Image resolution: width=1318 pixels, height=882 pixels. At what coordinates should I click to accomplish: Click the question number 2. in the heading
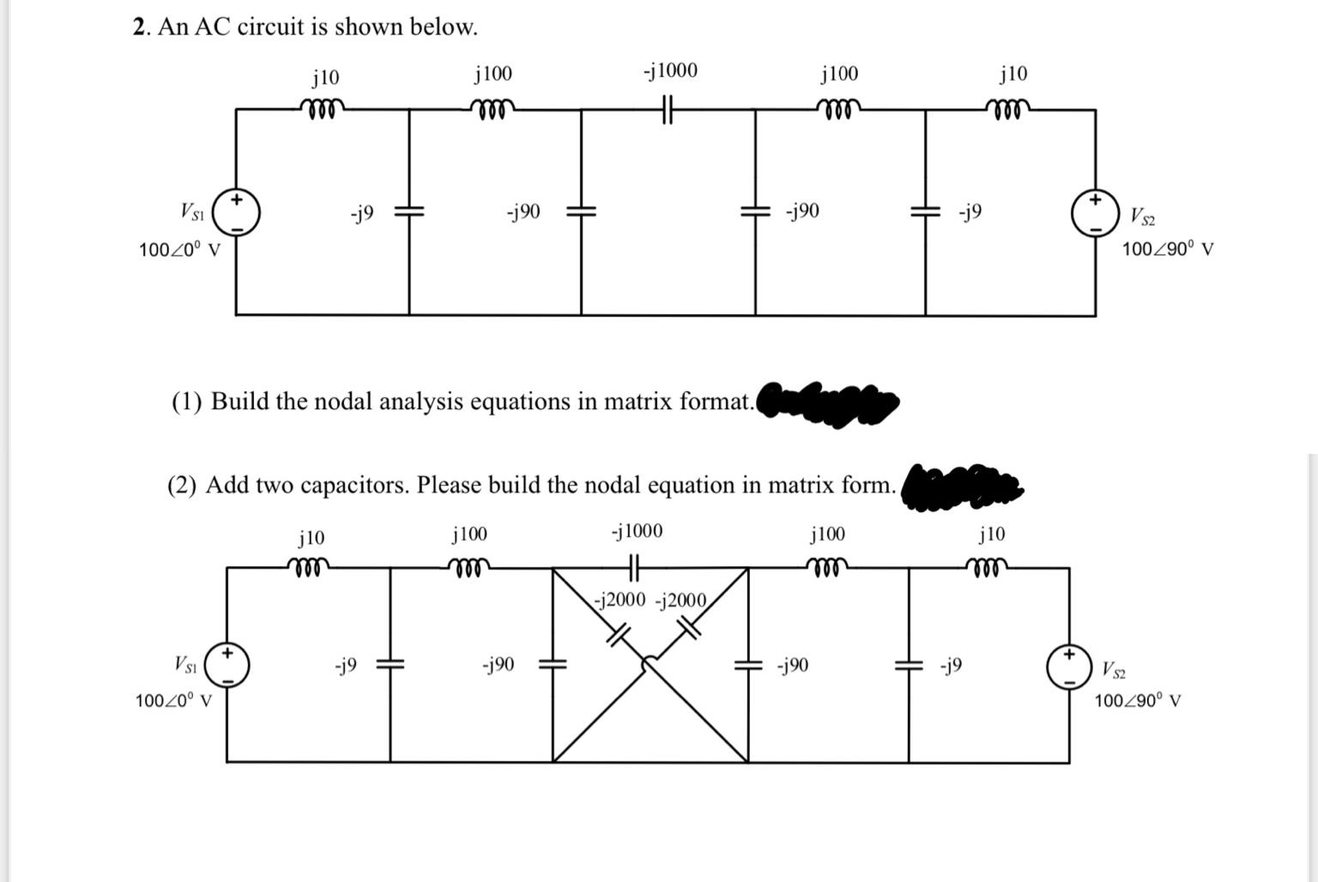142,27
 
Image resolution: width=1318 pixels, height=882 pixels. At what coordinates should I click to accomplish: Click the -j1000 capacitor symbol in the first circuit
668,109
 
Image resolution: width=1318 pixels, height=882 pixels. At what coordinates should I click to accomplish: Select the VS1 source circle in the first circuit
237,212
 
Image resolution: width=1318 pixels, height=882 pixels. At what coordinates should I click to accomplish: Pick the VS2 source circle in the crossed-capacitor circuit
1069,667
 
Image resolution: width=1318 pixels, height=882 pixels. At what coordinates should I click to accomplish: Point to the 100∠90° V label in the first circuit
1168,250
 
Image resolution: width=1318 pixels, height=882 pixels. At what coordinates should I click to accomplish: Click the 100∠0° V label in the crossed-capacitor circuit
174,701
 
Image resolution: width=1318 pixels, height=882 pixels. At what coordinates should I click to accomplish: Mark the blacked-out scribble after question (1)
828,401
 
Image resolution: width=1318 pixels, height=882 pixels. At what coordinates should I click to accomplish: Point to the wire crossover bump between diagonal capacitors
650,661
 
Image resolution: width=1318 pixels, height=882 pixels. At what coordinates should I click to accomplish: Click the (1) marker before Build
186,402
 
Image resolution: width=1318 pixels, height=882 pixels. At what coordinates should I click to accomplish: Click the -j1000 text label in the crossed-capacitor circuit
637,531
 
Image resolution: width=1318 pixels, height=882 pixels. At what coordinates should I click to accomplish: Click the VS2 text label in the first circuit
1142,215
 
